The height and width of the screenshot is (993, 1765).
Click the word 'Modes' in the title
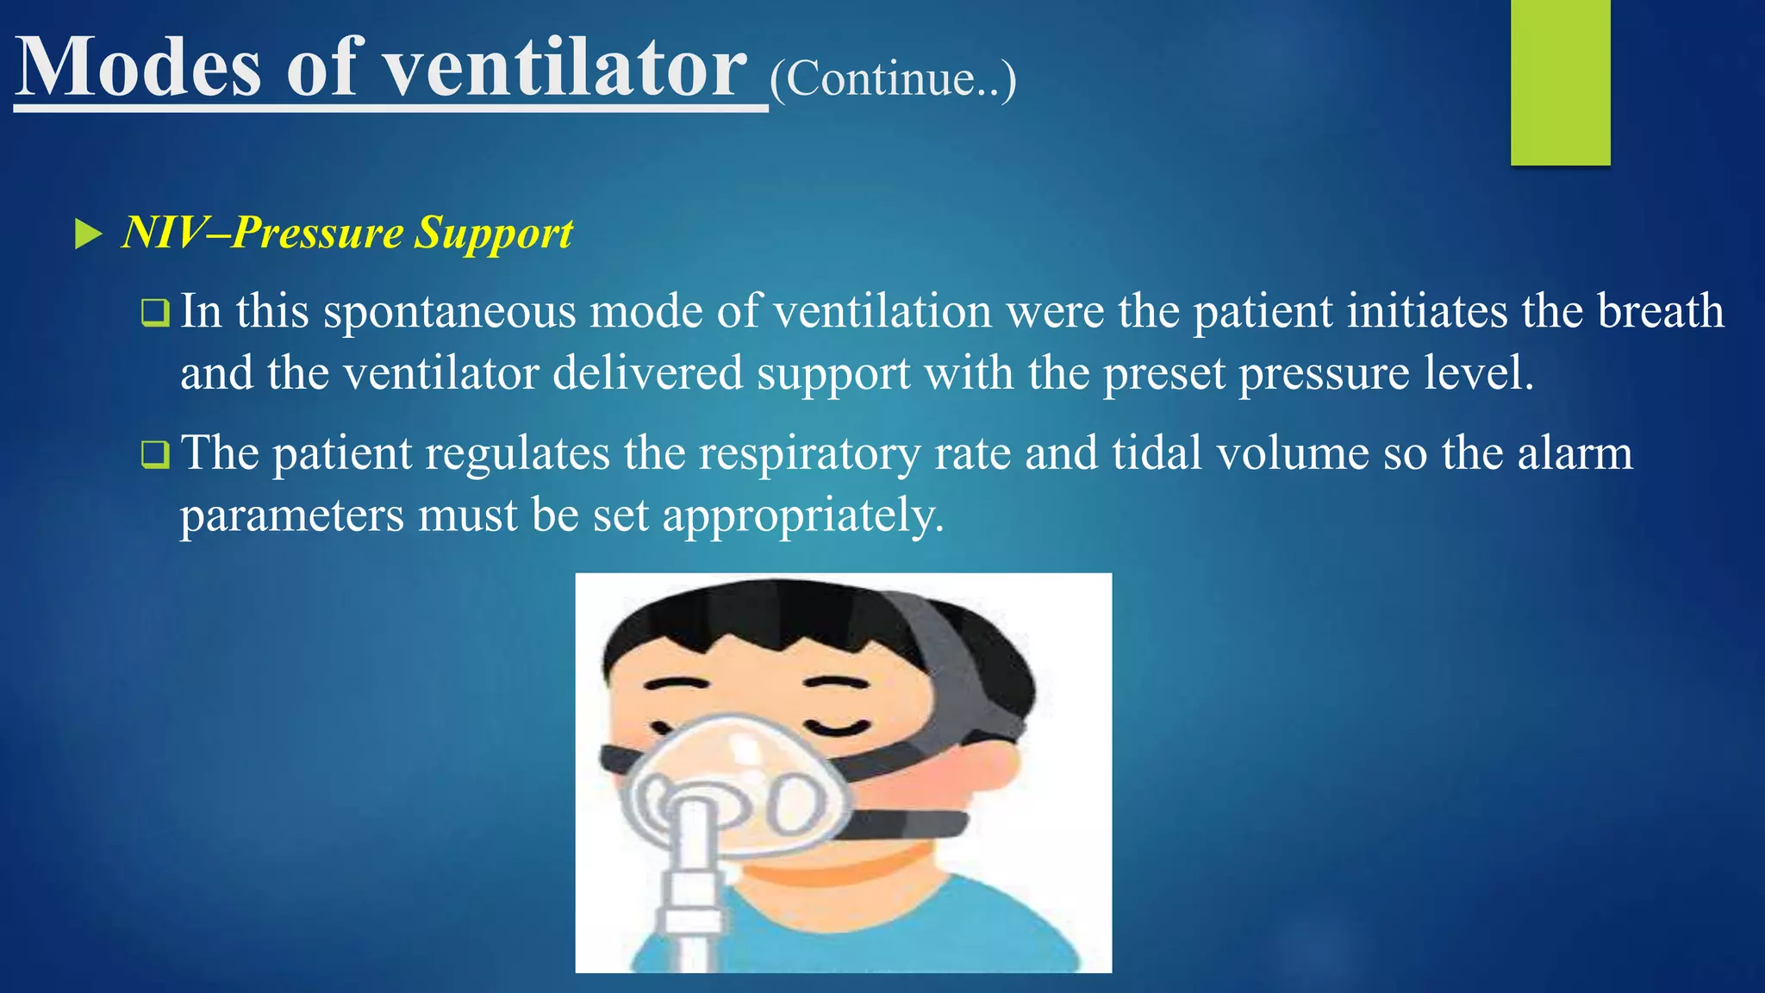click(x=138, y=69)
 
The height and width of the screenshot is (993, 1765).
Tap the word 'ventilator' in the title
click(x=564, y=69)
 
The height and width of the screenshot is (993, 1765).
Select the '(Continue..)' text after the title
click(x=892, y=79)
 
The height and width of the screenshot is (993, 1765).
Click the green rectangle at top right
click(x=1560, y=82)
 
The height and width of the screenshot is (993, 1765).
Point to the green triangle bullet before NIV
click(x=88, y=234)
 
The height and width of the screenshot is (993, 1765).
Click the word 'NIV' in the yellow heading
click(x=164, y=233)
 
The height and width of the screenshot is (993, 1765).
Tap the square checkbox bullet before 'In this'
click(x=155, y=312)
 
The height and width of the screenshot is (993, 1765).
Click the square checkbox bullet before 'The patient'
click(x=155, y=454)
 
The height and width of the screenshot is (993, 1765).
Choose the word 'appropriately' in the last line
click(x=801, y=516)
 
